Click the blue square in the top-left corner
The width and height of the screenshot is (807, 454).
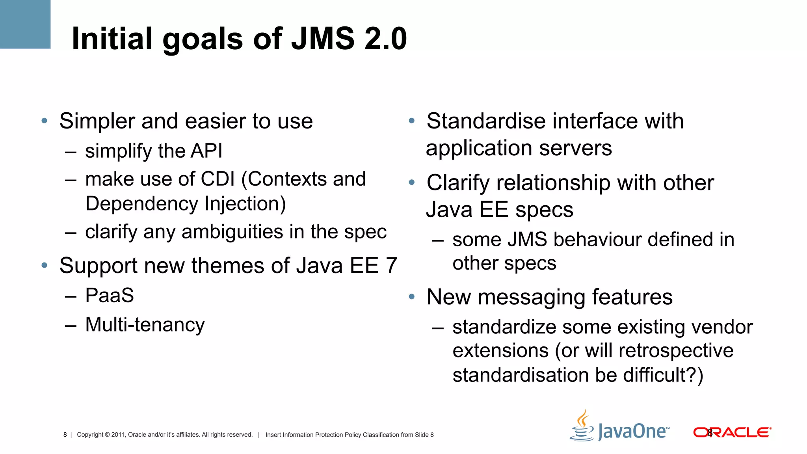(25, 24)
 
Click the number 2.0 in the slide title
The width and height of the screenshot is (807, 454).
(385, 39)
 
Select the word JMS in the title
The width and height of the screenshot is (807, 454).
(323, 39)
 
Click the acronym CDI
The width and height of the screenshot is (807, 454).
(218, 179)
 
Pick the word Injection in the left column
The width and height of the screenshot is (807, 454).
(245, 204)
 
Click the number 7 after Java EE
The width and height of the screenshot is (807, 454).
(391, 266)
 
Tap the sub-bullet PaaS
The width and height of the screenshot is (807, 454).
(110, 296)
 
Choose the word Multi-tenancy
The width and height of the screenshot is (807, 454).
(145, 325)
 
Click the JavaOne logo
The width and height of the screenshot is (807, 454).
(620, 427)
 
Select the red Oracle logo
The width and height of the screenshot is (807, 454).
(732, 432)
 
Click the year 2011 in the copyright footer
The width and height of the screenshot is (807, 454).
(118, 435)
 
